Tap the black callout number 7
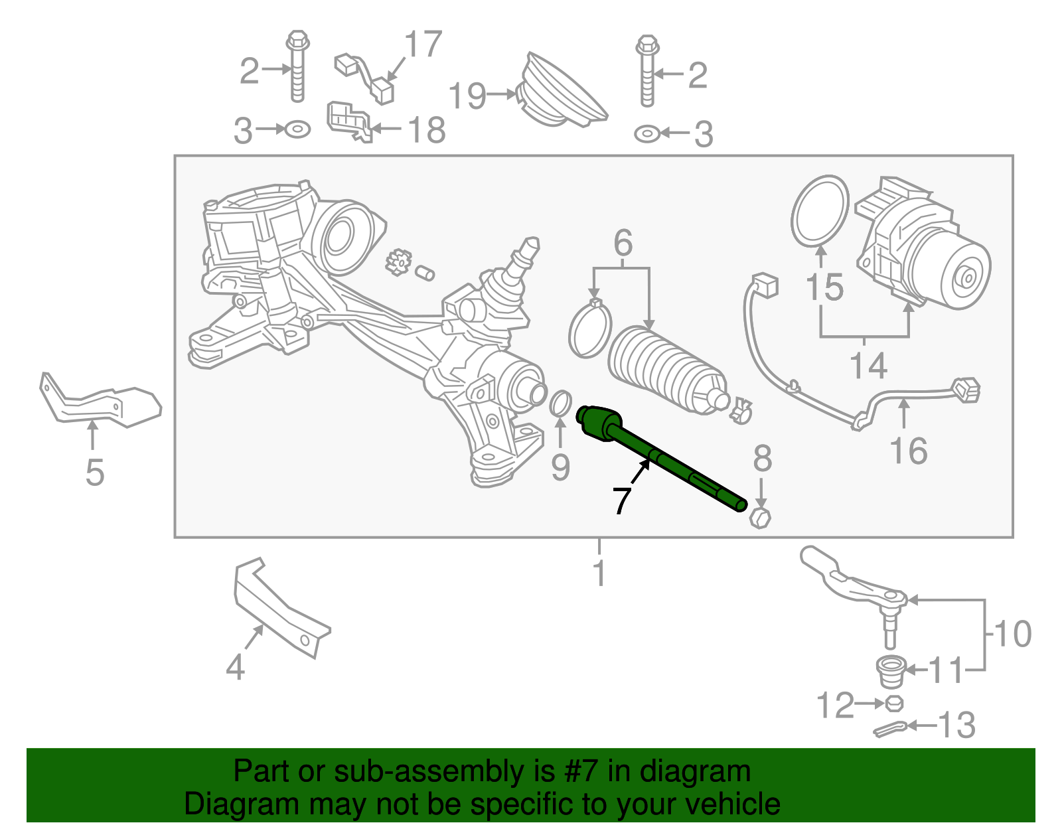(x=621, y=500)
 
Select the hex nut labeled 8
(x=760, y=517)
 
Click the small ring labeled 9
(x=561, y=404)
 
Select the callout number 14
(x=868, y=366)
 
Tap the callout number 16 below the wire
(x=908, y=451)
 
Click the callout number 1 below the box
(x=599, y=573)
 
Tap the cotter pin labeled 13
(x=889, y=728)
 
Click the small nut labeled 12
(x=894, y=703)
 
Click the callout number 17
(x=423, y=44)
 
